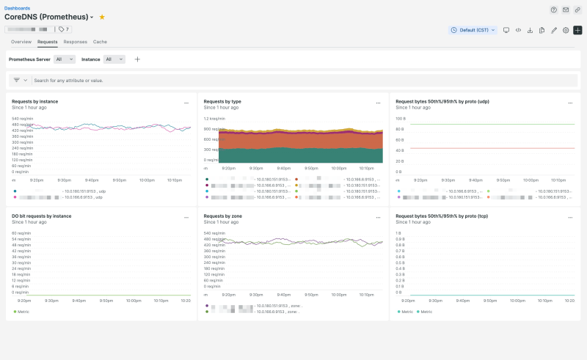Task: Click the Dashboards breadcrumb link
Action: [18, 8]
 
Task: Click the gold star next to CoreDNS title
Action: [102, 17]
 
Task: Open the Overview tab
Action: [21, 42]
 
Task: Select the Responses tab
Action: [75, 42]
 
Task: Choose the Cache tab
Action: [100, 42]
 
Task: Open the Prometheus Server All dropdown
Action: [64, 59]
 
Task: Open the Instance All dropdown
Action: [114, 59]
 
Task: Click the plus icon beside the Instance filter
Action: [137, 59]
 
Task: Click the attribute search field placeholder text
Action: [68, 80]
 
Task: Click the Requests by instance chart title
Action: [35, 101]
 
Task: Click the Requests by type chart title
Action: [222, 101]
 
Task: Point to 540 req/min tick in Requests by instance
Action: [21, 118]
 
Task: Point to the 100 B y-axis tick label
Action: [401, 118]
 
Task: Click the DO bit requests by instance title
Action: [41, 216]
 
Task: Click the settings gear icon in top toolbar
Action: [566, 30]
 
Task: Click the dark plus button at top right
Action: [577, 30]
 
